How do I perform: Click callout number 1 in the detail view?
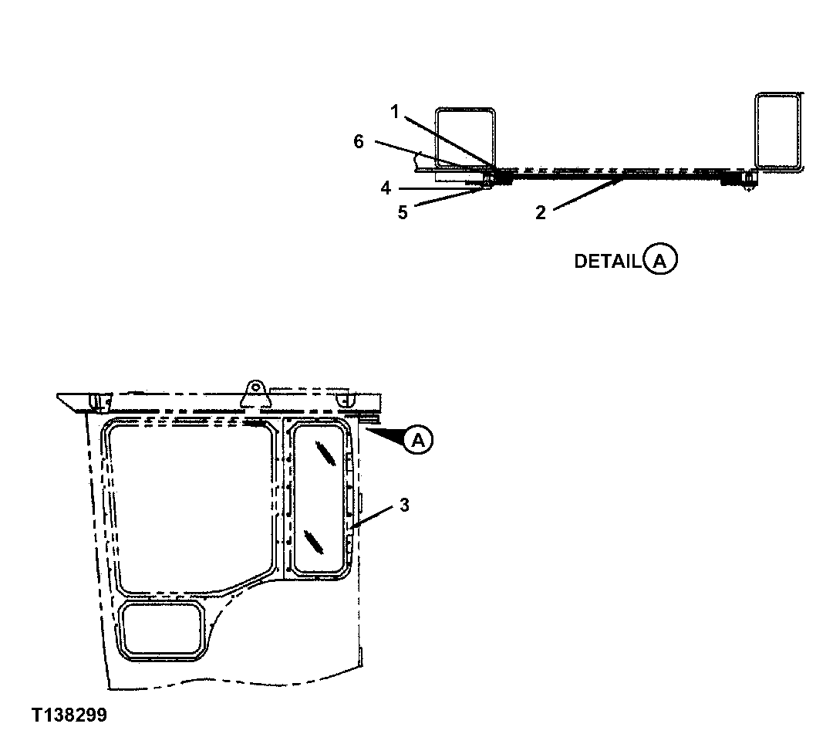(x=394, y=112)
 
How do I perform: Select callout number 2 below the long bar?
(x=541, y=213)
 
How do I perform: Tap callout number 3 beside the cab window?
(x=404, y=506)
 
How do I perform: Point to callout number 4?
(x=384, y=187)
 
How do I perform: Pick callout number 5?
(x=402, y=212)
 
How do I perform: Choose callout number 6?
(x=358, y=141)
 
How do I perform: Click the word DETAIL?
(x=607, y=262)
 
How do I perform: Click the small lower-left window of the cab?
(x=163, y=630)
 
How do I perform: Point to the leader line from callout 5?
(x=447, y=198)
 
